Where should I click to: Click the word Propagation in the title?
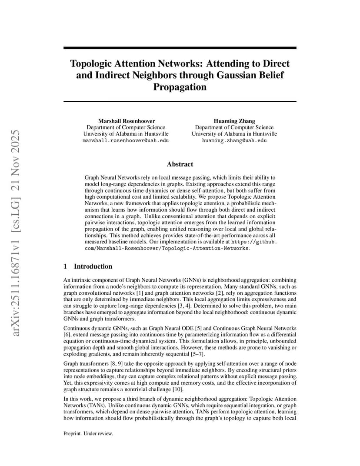180,87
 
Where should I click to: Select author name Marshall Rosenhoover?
127,121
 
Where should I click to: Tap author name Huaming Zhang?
234,121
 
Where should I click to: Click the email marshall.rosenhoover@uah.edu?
126,141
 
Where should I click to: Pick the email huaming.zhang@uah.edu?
234,141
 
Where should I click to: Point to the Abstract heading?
180,164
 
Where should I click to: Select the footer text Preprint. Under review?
88,433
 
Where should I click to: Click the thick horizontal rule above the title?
180,48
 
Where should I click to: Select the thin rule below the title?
180,102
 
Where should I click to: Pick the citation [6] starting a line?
67,334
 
